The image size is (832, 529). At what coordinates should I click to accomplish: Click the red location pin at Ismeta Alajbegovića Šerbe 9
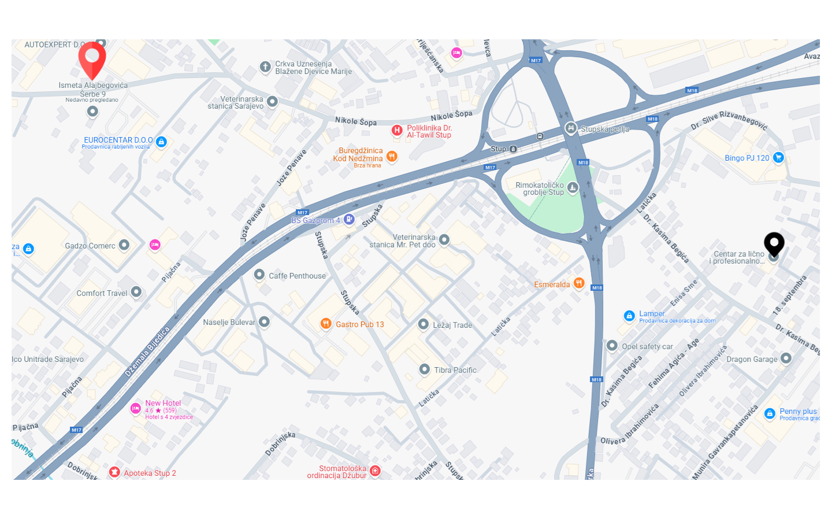(x=92, y=59)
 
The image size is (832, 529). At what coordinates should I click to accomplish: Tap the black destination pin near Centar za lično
(x=774, y=243)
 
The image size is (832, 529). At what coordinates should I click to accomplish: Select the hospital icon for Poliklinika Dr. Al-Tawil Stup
(x=397, y=130)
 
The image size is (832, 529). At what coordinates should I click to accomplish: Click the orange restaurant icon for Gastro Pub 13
(x=326, y=324)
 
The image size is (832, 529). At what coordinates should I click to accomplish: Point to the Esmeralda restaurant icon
(x=579, y=283)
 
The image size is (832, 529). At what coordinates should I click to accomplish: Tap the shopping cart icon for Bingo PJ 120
(x=778, y=157)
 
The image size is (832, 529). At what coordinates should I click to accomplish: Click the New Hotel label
(x=163, y=403)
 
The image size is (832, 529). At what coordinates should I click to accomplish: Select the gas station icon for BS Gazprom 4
(x=349, y=219)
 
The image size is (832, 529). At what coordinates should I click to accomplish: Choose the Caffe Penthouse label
(x=297, y=276)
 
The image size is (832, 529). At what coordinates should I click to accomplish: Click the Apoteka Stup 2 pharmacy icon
(x=114, y=472)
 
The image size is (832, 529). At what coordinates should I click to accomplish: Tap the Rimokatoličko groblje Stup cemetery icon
(x=572, y=187)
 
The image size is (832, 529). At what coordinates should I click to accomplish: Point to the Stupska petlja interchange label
(x=604, y=129)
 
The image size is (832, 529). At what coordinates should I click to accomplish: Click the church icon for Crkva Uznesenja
(x=265, y=67)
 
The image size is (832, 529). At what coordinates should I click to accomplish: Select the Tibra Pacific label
(x=455, y=370)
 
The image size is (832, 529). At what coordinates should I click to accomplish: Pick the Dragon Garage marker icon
(x=786, y=358)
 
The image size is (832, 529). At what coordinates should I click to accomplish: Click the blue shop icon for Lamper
(x=629, y=316)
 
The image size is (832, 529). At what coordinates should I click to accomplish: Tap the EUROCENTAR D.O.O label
(x=118, y=140)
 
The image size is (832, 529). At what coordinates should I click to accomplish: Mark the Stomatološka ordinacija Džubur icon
(x=375, y=471)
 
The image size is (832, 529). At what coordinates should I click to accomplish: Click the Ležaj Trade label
(x=452, y=325)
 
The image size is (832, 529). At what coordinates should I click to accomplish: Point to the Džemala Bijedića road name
(x=147, y=352)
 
